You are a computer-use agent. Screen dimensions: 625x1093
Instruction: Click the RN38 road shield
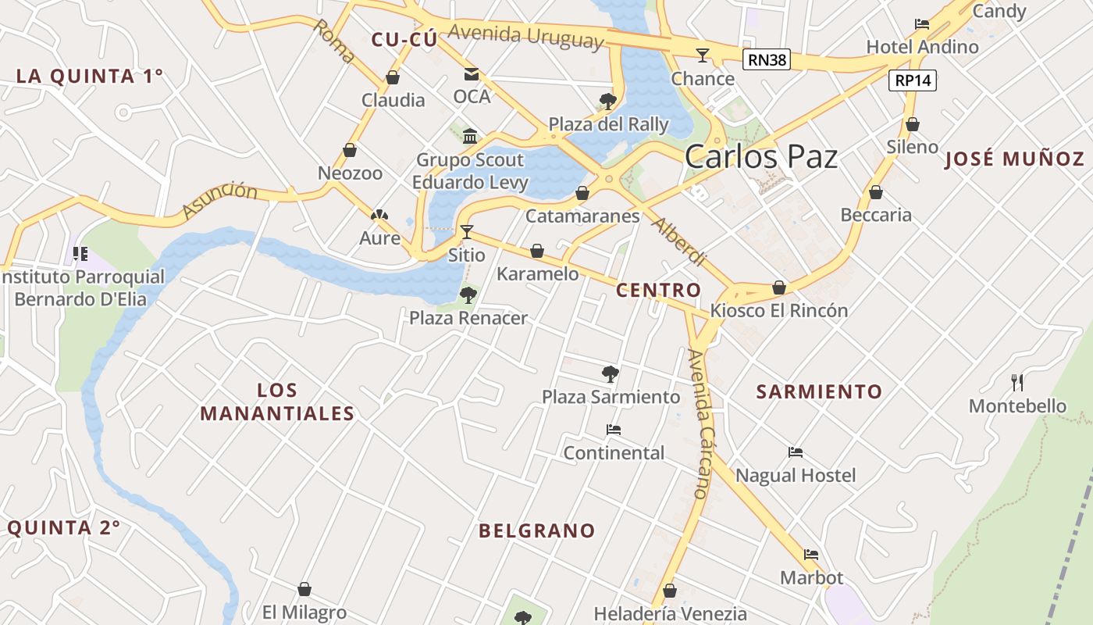point(766,59)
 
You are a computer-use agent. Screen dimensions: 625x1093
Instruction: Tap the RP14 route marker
point(912,80)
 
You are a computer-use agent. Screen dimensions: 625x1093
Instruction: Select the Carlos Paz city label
point(760,157)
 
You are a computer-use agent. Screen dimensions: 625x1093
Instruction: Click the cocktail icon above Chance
point(703,55)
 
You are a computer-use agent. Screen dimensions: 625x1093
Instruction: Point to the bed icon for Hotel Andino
point(922,24)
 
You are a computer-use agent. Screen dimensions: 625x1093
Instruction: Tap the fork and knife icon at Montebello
point(1017,383)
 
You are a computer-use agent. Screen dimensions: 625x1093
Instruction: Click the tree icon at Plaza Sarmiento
point(611,374)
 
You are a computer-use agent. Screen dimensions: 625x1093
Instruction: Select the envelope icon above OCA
point(472,74)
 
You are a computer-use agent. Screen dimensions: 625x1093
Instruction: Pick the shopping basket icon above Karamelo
point(537,251)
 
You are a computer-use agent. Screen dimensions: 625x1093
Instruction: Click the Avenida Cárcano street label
point(700,423)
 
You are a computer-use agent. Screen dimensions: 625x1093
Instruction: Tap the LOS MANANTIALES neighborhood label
point(277,402)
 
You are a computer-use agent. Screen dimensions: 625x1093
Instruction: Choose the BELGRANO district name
point(536,531)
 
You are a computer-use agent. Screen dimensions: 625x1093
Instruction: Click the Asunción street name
point(219,200)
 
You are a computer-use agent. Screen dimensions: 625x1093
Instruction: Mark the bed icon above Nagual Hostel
point(796,452)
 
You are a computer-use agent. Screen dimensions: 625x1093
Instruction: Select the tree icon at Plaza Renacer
point(468,295)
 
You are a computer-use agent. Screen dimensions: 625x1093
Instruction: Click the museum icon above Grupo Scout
point(470,137)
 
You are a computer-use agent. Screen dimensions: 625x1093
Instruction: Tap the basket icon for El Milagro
point(304,589)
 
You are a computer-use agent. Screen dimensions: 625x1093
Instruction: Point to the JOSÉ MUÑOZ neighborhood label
point(1014,159)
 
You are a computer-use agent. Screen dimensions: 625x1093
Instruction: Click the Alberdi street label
point(678,242)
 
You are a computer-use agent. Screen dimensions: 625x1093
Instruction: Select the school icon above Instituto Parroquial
point(80,253)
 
